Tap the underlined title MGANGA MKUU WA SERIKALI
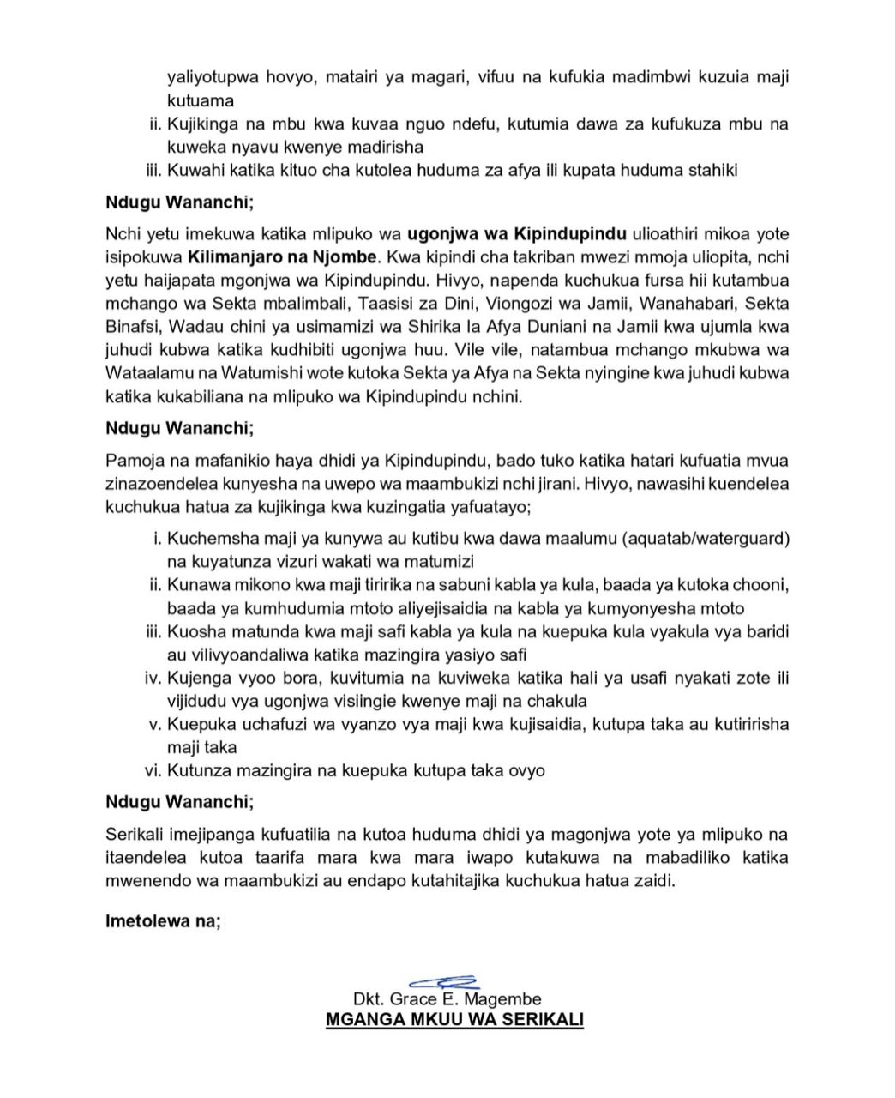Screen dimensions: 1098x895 click(x=454, y=1021)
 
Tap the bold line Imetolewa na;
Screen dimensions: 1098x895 click(x=163, y=922)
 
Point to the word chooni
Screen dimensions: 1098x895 click(x=759, y=585)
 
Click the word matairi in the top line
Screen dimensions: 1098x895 click(x=360, y=77)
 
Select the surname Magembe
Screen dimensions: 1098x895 click(x=505, y=999)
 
